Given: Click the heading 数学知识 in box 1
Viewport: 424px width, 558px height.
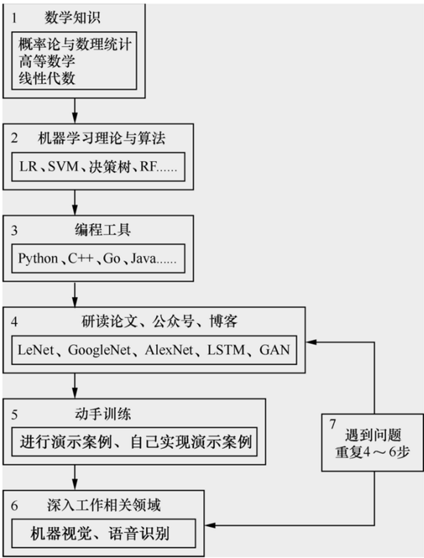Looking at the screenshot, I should click(x=72, y=17).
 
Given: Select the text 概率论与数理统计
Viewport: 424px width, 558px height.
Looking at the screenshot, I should click(x=75, y=45).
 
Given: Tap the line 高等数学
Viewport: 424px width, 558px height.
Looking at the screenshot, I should click(x=47, y=61).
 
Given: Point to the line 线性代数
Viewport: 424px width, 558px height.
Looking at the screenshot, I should click(x=47, y=78).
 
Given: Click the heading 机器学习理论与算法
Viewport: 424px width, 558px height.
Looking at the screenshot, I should click(x=102, y=138).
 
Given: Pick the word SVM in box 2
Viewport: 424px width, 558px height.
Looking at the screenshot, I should click(x=63, y=167).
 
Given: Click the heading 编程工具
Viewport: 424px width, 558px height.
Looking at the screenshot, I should click(x=103, y=230).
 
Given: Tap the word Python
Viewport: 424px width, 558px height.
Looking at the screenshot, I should click(x=38, y=258).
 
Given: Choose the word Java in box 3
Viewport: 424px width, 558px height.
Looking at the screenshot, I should click(x=143, y=258).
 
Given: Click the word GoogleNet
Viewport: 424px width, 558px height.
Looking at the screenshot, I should click(x=99, y=350).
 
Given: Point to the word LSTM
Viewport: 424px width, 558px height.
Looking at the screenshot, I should click(x=226, y=350).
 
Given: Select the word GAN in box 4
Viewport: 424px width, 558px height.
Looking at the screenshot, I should click(x=275, y=350).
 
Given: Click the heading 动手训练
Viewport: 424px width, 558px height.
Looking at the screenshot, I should click(x=103, y=414).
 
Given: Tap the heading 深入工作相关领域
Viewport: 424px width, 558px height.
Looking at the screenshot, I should click(x=104, y=505).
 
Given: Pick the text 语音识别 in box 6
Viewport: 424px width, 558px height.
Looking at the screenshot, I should click(x=139, y=534).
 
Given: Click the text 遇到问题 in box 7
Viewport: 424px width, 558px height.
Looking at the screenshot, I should click(x=373, y=435).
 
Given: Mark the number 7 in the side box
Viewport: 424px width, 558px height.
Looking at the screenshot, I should click(x=332, y=424).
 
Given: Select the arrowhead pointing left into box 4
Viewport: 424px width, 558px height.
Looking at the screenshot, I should click(x=311, y=342).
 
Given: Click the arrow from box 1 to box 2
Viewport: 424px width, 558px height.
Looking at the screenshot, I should click(x=75, y=111).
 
